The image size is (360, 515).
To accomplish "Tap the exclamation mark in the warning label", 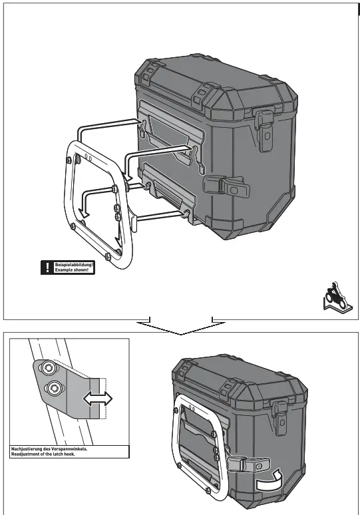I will [47, 268].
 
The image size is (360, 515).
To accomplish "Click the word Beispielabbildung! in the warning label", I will [74, 265].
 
